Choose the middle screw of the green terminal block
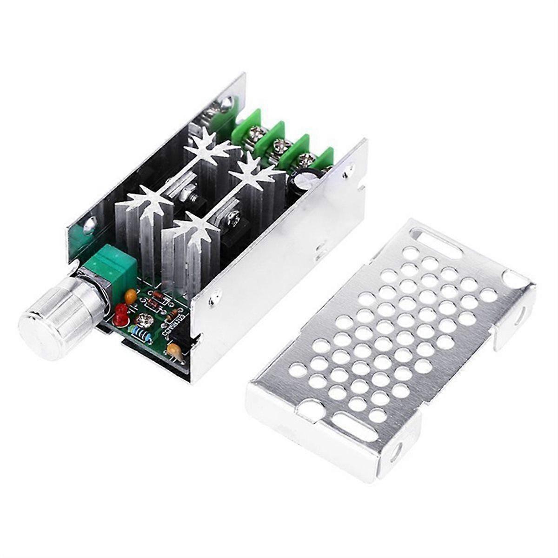(x=280, y=146)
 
